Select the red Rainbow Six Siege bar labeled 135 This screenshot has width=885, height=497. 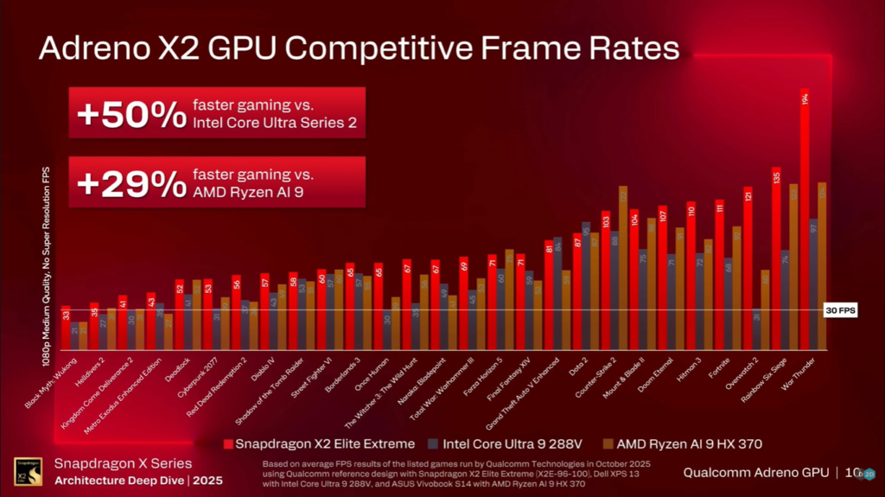[x=775, y=259]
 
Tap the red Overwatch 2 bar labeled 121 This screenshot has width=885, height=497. [x=748, y=268]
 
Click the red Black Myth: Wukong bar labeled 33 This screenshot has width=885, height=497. [x=66, y=328]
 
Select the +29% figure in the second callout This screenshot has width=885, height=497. [x=127, y=183]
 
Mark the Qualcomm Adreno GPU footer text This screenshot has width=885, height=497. [x=756, y=473]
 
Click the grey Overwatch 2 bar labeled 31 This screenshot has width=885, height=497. [x=757, y=329]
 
